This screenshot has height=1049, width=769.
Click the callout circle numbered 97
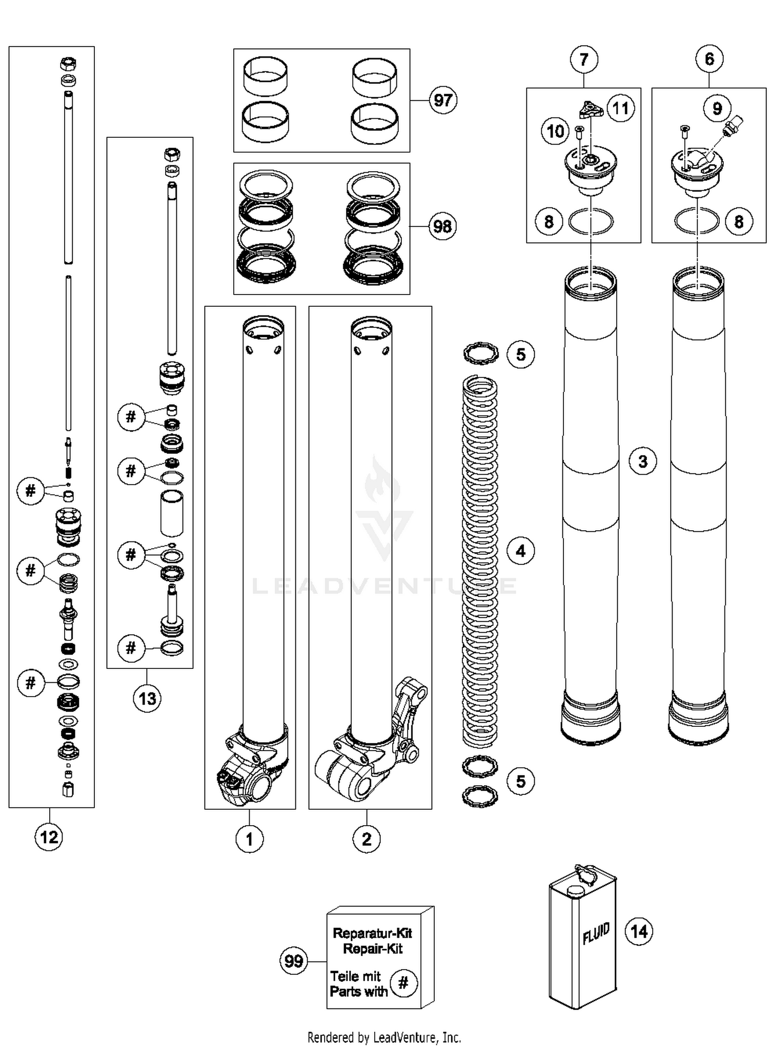[x=442, y=100]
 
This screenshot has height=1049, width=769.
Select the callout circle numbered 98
[x=442, y=226]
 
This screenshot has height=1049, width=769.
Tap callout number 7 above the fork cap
[x=583, y=59]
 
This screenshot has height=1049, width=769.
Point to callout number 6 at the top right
[x=709, y=59]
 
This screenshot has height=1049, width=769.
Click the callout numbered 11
[x=620, y=109]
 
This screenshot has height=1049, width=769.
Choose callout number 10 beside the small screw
[x=555, y=132]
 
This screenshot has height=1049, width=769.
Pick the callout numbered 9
[x=717, y=109]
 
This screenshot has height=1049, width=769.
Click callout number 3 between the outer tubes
[x=643, y=461]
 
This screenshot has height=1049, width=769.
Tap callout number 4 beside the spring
[x=520, y=551]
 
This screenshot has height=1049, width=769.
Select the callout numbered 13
[x=147, y=699]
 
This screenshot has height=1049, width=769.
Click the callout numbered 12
[x=49, y=837]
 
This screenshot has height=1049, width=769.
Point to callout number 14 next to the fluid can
[x=639, y=931]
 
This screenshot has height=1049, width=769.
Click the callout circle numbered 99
[x=294, y=961]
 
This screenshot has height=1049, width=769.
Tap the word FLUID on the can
[x=596, y=933]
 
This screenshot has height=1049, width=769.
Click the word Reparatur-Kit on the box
[x=372, y=933]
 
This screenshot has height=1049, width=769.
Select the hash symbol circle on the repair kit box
[x=403, y=983]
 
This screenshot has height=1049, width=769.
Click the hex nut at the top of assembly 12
[x=68, y=64]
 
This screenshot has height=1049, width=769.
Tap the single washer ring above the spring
[x=480, y=353]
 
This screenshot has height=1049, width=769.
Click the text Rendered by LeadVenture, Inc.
[x=384, y=1038]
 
